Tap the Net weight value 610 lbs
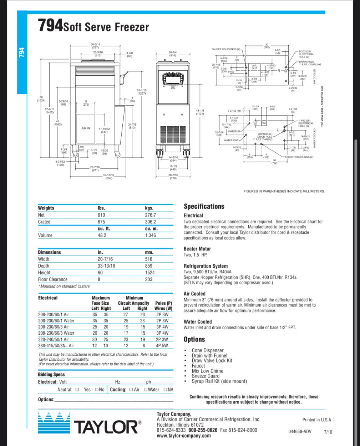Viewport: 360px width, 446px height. click(x=101, y=215)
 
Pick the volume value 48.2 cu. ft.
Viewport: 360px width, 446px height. click(x=102, y=235)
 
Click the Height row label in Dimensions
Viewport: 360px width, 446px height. click(x=44, y=273)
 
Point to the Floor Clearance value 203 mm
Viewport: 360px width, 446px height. click(x=148, y=279)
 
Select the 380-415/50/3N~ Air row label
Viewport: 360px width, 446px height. click(x=56, y=346)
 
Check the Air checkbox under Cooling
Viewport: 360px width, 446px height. click(x=131, y=390)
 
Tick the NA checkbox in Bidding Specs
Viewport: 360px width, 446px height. click(x=165, y=390)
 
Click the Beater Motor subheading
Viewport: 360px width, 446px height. click(x=197, y=249)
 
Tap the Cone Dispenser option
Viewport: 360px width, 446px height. click(x=208, y=350)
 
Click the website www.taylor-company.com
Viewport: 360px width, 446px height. click(x=184, y=436)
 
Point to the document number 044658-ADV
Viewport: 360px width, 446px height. click(x=300, y=432)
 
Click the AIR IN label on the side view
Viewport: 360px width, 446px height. click(x=86, y=128)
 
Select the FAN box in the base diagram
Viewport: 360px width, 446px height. click(x=264, y=123)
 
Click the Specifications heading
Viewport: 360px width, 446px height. click(x=204, y=206)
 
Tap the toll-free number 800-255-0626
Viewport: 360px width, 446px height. click(x=203, y=430)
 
